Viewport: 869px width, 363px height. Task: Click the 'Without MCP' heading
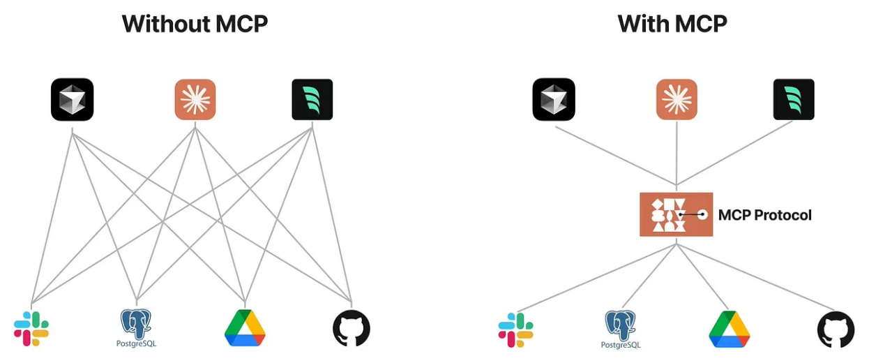click(195, 24)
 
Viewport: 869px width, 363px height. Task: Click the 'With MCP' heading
click(672, 24)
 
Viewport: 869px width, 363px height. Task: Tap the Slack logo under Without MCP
click(31, 329)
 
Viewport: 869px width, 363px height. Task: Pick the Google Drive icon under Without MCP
click(245, 328)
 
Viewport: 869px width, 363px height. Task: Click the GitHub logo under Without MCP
click(352, 328)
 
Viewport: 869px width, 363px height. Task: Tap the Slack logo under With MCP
click(515, 330)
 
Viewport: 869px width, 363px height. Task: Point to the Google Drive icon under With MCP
click(730, 329)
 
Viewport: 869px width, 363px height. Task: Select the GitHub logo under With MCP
click(836, 329)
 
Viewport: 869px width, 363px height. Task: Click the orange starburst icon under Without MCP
click(195, 99)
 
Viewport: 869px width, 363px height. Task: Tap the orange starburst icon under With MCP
click(677, 99)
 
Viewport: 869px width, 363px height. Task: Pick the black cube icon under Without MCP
click(73, 99)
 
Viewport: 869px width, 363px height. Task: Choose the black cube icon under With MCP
click(554, 99)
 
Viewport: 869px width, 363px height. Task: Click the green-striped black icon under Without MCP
click(312, 99)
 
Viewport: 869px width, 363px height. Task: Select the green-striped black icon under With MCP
click(794, 99)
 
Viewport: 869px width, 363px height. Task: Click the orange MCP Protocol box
click(676, 214)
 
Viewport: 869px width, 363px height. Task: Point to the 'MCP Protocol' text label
click(765, 215)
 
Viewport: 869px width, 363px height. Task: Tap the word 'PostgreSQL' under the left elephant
click(136, 343)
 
